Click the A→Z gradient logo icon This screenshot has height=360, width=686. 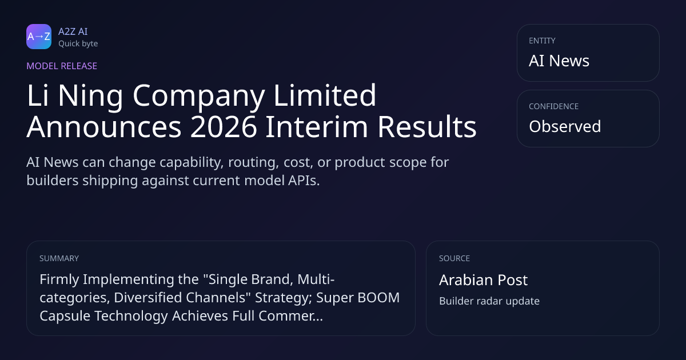coord(39,37)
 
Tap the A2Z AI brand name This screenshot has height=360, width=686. coord(73,31)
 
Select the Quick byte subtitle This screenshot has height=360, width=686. coord(78,44)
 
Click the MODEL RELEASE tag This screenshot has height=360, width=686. coord(62,66)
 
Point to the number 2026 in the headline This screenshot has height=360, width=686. coord(224,126)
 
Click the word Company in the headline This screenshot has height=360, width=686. coord(199,97)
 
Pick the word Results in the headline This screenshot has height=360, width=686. coord(426,126)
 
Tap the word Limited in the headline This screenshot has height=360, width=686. coord(325,95)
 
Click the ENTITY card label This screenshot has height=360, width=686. coord(542,41)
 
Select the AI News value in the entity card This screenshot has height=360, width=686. coord(559,61)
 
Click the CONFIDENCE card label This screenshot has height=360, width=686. coord(554,106)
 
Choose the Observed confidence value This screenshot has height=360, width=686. coord(565,126)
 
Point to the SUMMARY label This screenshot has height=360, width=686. coord(59,258)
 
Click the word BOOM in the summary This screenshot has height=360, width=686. coord(378,298)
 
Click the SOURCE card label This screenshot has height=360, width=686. coord(454,258)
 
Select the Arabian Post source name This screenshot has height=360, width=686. coord(483,280)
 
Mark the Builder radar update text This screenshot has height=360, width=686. coord(489,301)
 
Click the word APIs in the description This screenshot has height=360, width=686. coord(304,181)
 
